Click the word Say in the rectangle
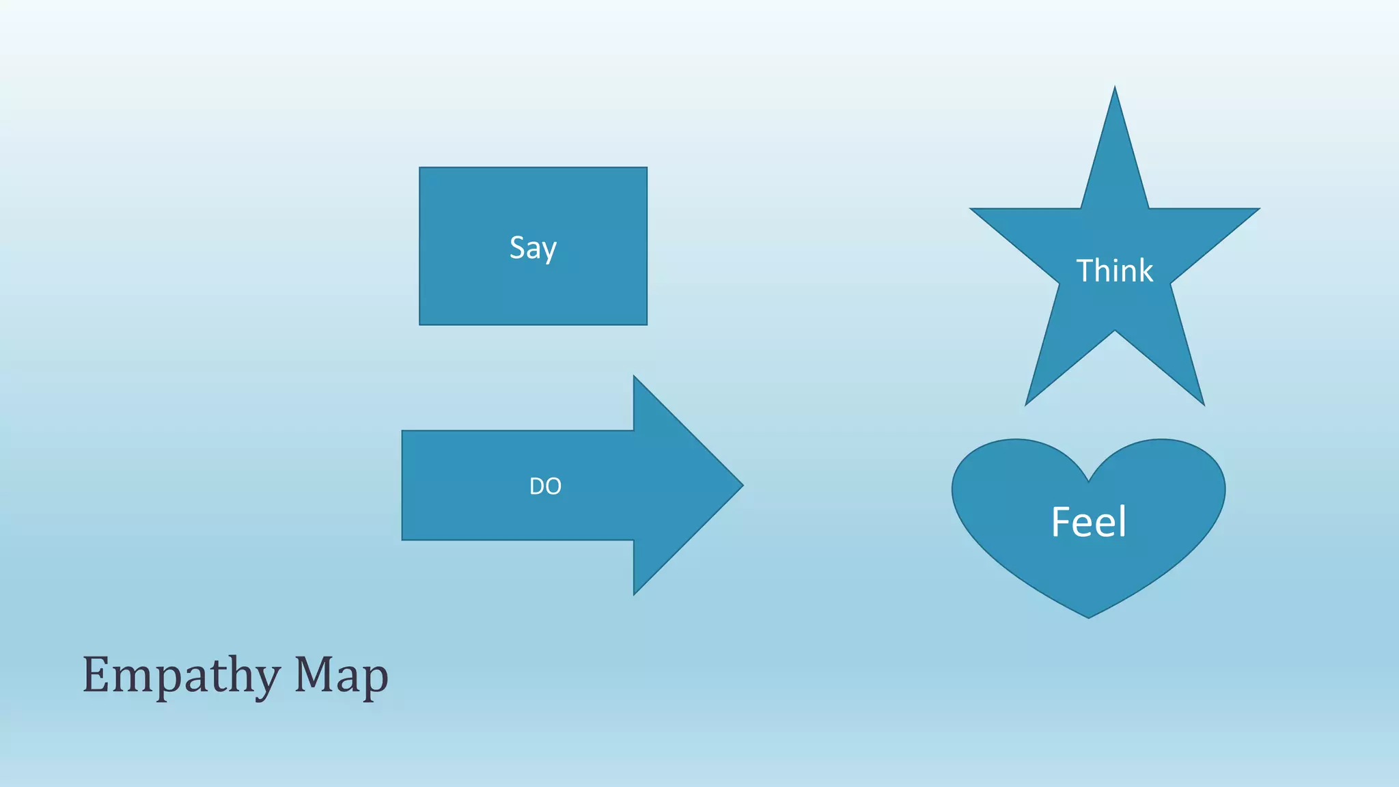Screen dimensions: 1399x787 (x=533, y=248)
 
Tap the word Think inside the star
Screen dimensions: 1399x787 (x=1114, y=271)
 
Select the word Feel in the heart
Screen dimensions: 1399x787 (x=1088, y=523)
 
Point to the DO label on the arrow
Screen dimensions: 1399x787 (x=545, y=486)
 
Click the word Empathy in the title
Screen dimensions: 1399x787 (x=181, y=676)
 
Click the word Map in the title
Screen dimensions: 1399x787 (x=341, y=675)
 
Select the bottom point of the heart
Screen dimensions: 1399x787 (x=1088, y=617)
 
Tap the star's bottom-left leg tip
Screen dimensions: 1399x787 (x=1027, y=404)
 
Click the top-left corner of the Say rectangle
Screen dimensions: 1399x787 (x=420, y=168)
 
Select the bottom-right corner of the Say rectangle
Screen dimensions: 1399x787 (x=646, y=324)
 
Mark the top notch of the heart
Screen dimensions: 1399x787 (x=1088, y=481)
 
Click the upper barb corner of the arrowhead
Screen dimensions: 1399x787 (x=635, y=377)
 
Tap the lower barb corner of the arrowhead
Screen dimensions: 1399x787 (x=635, y=593)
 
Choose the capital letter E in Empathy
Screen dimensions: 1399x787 (x=96, y=674)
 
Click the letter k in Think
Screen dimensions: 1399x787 (x=1144, y=271)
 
